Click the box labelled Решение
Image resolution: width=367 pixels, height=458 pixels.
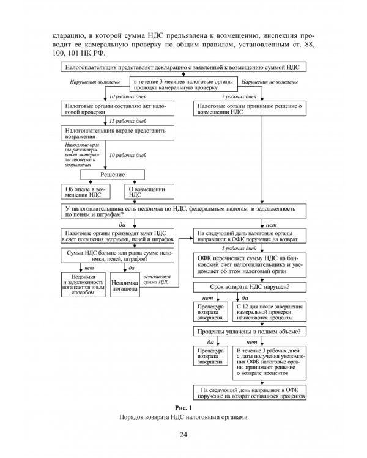coord(113,175)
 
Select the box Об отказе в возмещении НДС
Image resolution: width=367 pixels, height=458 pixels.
coord(86,192)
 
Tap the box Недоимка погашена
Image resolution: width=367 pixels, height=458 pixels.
coord(125,285)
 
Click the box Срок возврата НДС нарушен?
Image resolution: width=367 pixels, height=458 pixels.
coord(250,287)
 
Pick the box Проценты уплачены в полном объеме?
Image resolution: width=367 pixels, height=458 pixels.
coord(250,332)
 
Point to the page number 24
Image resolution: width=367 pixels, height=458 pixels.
coord(183,435)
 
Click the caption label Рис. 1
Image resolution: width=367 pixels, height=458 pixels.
coord(183,408)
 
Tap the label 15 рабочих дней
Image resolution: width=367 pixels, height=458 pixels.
coord(128,121)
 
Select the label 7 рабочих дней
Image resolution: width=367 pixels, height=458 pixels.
coord(239,96)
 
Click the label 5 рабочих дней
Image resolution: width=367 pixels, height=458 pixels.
coord(239,249)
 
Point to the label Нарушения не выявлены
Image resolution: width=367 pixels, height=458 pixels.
coord(270,82)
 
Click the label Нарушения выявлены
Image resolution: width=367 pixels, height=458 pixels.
coord(95,82)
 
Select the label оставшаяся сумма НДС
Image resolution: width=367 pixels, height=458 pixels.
coord(157,279)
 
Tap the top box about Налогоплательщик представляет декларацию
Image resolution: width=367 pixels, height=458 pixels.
coord(183,67)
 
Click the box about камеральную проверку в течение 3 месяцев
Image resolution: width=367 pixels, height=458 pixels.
coord(183,84)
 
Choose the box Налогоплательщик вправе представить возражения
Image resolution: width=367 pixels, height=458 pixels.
coord(117,133)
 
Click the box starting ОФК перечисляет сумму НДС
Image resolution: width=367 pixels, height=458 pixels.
coord(250,265)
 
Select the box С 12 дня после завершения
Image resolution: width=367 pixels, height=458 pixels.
coord(269,311)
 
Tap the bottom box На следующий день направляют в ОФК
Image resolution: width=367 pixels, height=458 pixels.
coord(250,393)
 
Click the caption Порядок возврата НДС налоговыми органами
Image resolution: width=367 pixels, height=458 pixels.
coord(183,417)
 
